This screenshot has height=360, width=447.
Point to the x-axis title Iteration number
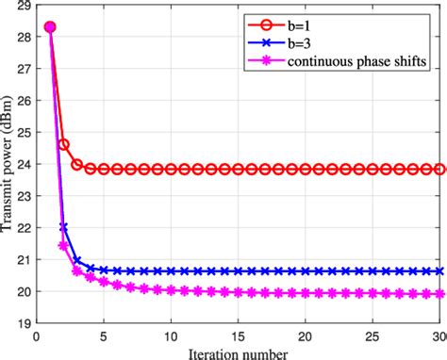(x=238, y=351)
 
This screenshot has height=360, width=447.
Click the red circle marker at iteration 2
(x=64, y=144)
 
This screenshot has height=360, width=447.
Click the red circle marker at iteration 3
(x=77, y=164)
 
